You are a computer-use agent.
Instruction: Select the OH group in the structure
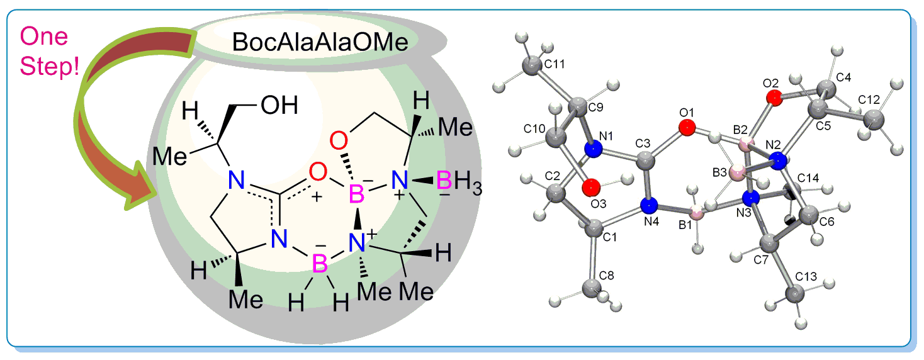[279, 105]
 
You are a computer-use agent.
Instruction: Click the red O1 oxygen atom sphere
[687, 128]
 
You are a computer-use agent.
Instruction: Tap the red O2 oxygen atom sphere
[775, 98]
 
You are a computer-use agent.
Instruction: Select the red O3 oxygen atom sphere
[590, 187]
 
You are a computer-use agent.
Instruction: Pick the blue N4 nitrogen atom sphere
[650, 205]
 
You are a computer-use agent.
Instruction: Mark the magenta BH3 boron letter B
[444, 183]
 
